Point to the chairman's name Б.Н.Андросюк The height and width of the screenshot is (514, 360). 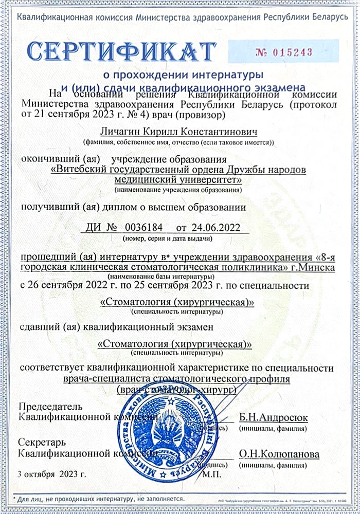point(273,417)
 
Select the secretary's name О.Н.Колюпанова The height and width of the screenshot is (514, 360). point(278,454)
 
